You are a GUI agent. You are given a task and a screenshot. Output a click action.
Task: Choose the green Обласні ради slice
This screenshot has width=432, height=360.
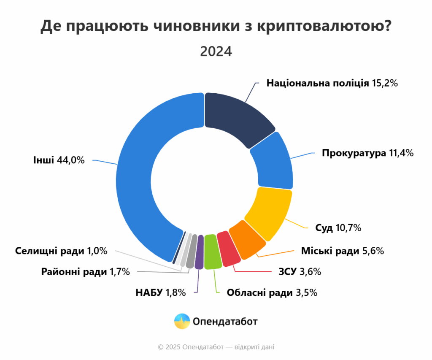point(212,252)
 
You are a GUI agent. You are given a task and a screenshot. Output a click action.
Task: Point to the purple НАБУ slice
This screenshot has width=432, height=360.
point(200,252)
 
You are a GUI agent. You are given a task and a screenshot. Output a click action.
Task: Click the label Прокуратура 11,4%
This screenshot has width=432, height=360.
point(367,153)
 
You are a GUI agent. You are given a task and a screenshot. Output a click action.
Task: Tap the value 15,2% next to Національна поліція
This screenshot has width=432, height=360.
point(385,83)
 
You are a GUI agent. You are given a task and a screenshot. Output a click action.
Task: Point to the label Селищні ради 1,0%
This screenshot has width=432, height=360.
point(61,251)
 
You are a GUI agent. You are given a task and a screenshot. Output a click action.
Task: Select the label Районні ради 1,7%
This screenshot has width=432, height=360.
point(85,272)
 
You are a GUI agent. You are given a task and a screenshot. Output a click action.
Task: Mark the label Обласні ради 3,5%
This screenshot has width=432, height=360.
point(272,292)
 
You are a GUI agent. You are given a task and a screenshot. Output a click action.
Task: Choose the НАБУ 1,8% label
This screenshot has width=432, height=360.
point(160,292)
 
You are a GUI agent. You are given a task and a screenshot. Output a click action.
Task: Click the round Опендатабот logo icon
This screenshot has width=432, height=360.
point(182,322)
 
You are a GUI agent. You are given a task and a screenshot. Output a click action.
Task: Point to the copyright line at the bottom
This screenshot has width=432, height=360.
point(216,347)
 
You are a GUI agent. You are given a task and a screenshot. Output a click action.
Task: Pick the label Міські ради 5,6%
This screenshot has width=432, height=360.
point(342,251)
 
